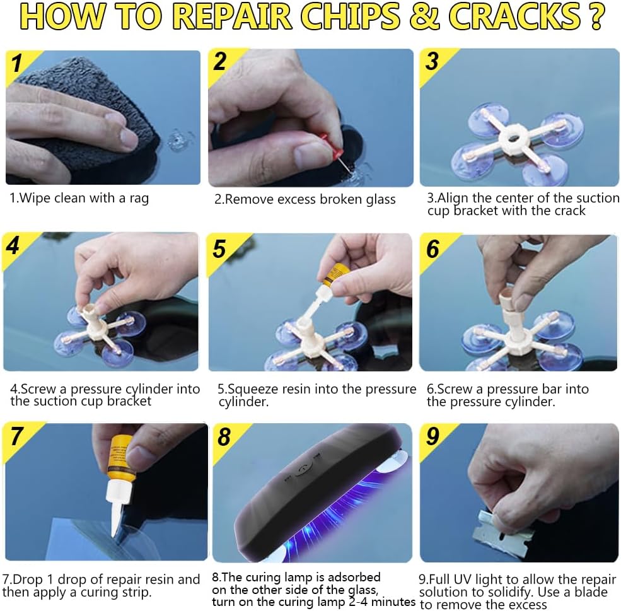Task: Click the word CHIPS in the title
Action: [x=350, y=16]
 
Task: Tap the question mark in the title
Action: [x=596, y=16]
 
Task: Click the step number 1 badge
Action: [x=16, y=63]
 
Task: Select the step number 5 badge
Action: [x=219, y=249]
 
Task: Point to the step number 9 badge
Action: [x=433, y=436]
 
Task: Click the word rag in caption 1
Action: [x=139, y=199]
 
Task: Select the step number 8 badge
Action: [x=224, y=437]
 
